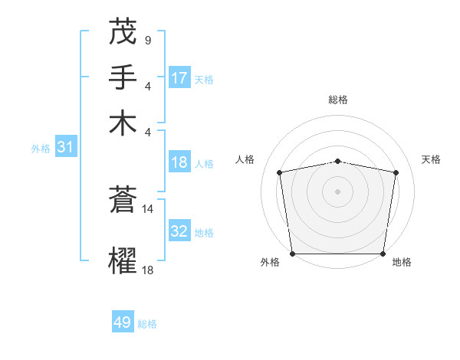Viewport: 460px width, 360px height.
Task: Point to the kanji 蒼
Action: tap(123, 200)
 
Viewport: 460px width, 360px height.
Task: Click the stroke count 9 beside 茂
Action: tap(147, 41)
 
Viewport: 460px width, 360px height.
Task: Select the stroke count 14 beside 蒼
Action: tap(148, 208)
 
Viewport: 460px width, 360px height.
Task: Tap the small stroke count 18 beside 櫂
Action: tap(148, 270)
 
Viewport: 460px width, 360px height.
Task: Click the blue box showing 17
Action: tap(179, 78)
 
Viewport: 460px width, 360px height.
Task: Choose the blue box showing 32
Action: tap(179, 232)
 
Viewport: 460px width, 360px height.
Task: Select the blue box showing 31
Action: tap(65, 148)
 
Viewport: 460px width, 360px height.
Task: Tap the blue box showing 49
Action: tap(123, 323)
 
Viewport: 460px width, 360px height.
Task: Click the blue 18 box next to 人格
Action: tap(179, 163)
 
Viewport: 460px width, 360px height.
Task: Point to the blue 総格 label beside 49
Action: tap(147, 324)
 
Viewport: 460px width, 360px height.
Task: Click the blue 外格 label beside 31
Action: tap(41, 149)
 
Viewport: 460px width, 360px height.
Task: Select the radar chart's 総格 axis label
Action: tap(337, 100)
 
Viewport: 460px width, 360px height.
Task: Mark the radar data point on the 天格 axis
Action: tap(396, 172)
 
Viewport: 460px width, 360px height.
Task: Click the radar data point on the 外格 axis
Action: tap(292, 254)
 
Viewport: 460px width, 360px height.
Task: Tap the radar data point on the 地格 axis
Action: tap(383, 254)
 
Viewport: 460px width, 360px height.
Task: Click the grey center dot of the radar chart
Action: tap(337, 191)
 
